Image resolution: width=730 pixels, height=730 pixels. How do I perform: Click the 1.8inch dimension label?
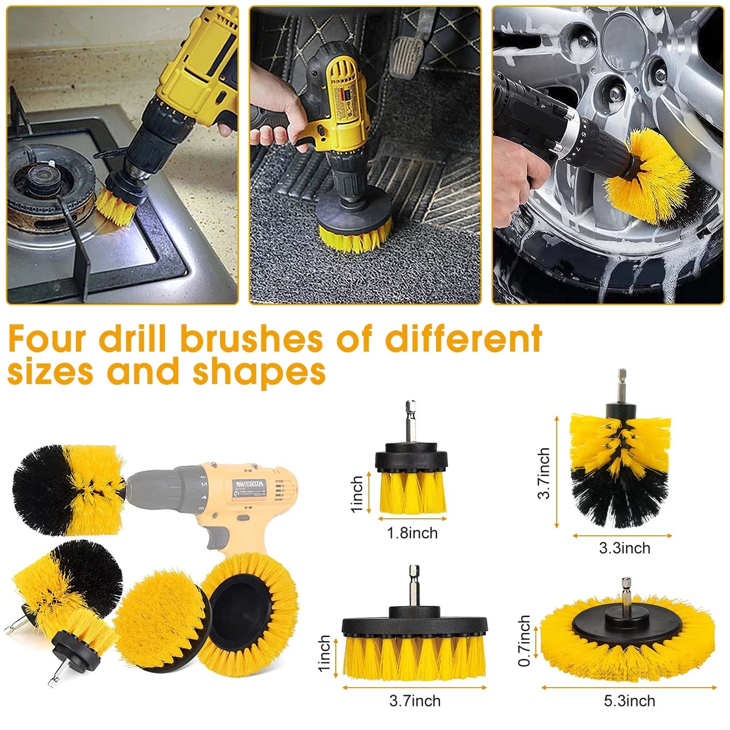click(x=412, y=533)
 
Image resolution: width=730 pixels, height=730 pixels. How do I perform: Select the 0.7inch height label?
click(x=524, y=640)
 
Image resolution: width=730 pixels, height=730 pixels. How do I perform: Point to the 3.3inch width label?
click(x=624, y=548)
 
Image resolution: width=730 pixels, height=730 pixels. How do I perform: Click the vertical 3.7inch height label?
click(x=544, y=473)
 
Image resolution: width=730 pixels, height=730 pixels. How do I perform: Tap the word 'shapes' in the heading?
click(x=259, y=372)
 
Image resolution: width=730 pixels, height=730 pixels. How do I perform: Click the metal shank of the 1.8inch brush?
click(x=410, y=421)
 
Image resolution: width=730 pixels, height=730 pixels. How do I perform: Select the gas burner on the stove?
click(x=46, y=187)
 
